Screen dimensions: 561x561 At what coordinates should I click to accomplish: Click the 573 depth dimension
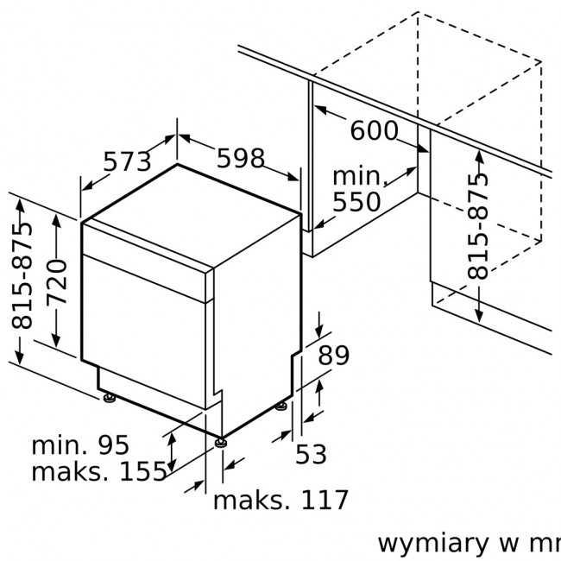[x=127, y=161]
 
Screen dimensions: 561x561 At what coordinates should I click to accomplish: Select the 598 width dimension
[x=241, y=158]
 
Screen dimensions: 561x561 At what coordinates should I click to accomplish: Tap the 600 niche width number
[x=374, y=130]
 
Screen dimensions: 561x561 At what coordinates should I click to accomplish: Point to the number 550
[x=356, y=202]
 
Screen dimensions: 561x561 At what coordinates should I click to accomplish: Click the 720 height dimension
[x=57, y=281]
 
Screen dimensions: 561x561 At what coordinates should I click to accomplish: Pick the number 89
[x=333, y=356]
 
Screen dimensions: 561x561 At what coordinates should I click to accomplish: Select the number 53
[x=311, y=454]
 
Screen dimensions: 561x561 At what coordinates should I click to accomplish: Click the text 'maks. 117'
[x=280, y=500]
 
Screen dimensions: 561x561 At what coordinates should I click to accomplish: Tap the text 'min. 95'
[x=80, y=445]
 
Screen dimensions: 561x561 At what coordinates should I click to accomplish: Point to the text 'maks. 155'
[x=99, y=471]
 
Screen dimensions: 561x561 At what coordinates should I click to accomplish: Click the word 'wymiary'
[x=433, y=545]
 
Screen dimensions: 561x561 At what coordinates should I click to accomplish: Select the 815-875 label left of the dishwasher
[x=22, y=275]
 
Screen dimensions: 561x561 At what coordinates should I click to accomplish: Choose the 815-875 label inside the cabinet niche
[x=477, y=226]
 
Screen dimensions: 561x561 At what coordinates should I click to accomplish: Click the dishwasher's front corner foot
[x=221, y=443]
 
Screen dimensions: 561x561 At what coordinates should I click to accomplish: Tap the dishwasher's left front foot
[x=109, y=398]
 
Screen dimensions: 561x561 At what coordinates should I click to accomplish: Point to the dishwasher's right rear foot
[x=280, y=407]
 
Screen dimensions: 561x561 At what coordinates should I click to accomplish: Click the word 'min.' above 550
[x=360, y=176]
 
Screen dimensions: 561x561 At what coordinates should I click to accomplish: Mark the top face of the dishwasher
[x=192, y=215]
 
